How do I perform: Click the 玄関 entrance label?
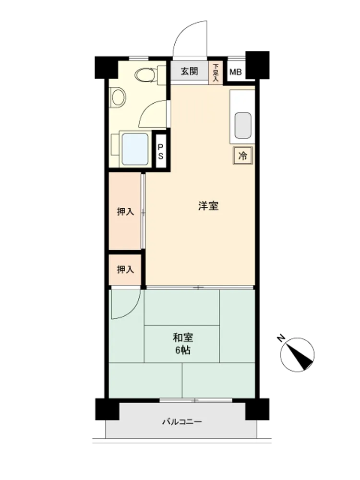189,72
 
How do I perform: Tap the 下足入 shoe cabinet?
216,72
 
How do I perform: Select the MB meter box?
236,72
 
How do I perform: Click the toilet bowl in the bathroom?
145,74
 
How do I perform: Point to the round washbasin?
119,97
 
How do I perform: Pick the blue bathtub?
135,149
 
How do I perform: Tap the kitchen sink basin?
243,125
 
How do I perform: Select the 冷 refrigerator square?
243,156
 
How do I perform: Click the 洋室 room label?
208,206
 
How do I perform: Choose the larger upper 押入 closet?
125,211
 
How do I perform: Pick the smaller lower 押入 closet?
125,270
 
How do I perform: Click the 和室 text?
183,338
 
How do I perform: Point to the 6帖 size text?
183,350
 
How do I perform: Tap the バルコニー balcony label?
182,422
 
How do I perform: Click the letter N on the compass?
280,338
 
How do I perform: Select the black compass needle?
300,357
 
